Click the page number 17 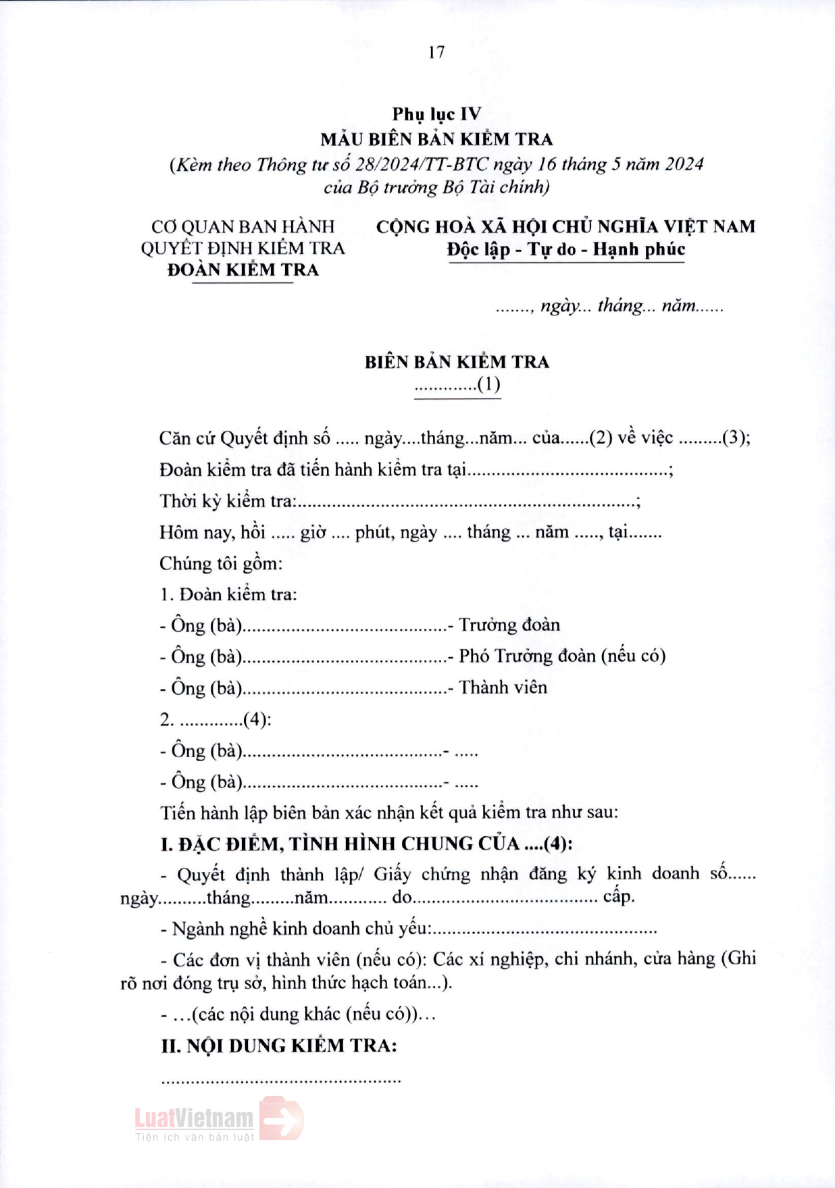tap(436, 52)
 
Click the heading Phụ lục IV tap(436, 114)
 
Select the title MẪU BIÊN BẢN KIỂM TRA tap(436, 139)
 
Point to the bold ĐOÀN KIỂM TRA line tap(243, 269)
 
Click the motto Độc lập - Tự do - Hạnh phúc tap(566, 249)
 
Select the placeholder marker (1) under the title tap(488, 384)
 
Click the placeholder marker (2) tap(601, 438)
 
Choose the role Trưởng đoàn tap(509, 625)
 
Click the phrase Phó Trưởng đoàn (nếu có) tap(562, 656)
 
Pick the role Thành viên tap(503, 688)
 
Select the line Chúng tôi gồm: tap(221, 563)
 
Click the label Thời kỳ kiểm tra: tap(228, 501)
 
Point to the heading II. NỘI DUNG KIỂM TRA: tap(278, 1046)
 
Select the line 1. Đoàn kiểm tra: tap(228, 594)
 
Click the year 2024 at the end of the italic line tap(683, 164)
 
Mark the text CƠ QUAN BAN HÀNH tap(243, 226)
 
